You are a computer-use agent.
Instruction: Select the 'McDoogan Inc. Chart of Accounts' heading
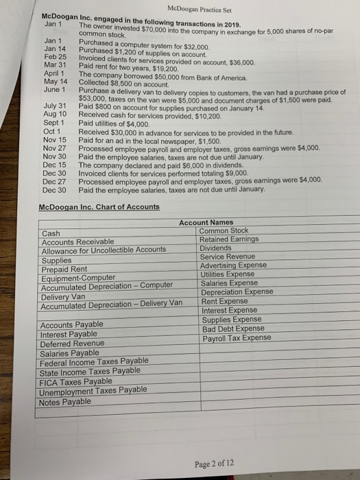coord(100,206)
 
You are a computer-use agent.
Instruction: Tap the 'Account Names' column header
coord(206,222)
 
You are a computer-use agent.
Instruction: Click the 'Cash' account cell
coord(51,233)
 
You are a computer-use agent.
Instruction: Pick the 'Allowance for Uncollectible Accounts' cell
coord(103,251)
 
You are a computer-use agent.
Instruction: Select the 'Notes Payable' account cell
coord(66,401)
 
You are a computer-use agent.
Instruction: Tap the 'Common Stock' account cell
coord(224,231)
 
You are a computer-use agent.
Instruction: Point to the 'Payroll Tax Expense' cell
coord(237,338)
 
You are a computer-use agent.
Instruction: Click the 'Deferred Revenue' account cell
coord(73,344)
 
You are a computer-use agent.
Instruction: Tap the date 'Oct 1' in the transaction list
coord(53,132)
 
